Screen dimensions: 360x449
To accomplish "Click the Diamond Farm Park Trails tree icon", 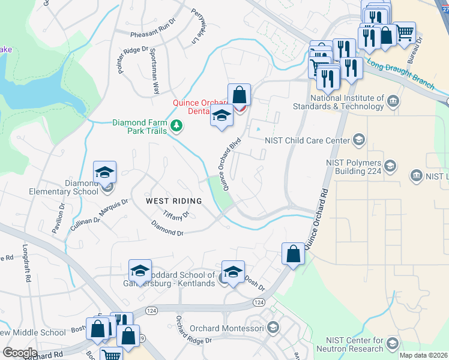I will [176, 125].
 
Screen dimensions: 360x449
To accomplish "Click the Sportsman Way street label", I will [155, 71].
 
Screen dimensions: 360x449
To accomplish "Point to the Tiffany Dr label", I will [177, 215].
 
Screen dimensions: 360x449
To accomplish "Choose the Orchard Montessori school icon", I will [273, 328].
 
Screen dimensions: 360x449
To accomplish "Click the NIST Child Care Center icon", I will [358, 140].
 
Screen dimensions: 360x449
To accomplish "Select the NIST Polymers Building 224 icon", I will [390, 166].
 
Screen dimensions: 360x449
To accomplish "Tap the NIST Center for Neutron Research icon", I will [393, 343].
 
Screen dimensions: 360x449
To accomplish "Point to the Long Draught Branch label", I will [401, 73].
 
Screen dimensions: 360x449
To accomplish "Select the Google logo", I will [20, 353].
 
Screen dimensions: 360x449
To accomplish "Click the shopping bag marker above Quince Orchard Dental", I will [239, 95].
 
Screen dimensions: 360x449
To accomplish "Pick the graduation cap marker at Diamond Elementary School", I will [105, 172].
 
